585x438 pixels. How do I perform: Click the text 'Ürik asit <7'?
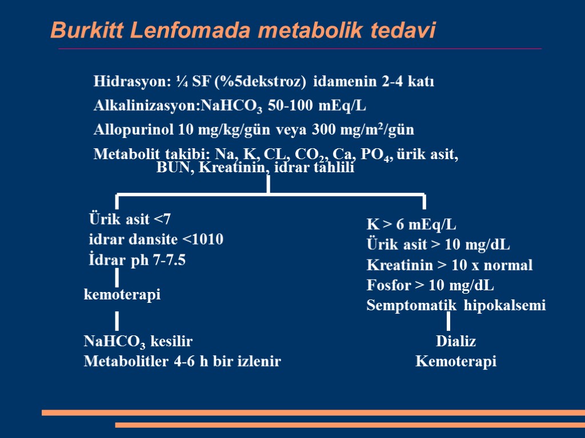pyautogui.click(x=130, y=220)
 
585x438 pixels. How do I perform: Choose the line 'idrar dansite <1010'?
pyautogui.click(x=156, y=240)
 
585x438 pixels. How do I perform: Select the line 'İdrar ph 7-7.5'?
pyautogui.click(x=137, y=260)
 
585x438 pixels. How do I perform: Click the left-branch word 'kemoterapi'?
pyautogui.click(x=122, y=295)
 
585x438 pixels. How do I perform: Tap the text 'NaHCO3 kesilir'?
pyautogui.click(x=138, y=342)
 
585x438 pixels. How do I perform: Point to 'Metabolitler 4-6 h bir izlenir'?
pyautogui.click(x=182, y=362)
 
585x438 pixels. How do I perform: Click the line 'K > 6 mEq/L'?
pyautogui.click(x=411, y=224)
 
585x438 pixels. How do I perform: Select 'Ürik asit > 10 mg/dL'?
pyautogui.click(x=438, y=245)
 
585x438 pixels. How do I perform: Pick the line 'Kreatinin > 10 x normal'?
pyautogui.click(x=450, y=265)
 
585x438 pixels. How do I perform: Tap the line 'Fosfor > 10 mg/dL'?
pyautogui.click(x=430, y=285)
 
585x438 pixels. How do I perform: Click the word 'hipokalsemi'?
pyautogui.click(x=504, y=306)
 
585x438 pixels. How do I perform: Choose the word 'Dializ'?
pyautogui.click(x=456, y=342)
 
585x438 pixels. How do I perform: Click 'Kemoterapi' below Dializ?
pyautogui.click(x=456, y=362)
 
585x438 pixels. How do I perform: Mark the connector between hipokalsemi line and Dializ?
pyautogui.click(x=448, y=322)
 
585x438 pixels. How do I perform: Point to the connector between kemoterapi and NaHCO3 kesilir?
pyautogui.click(x=117, y=321)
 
